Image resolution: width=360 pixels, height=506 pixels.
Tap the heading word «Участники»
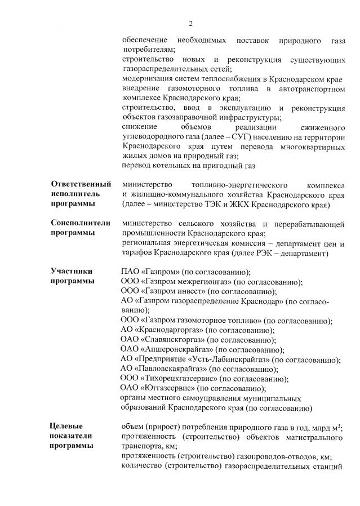pos(71,271)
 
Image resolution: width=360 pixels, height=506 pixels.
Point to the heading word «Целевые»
pos(66,425)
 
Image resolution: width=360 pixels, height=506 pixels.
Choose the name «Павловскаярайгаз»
pos(172,369)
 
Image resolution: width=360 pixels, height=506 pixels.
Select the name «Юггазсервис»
pos(168,388)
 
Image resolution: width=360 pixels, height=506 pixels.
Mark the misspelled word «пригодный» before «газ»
pos(216,166)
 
